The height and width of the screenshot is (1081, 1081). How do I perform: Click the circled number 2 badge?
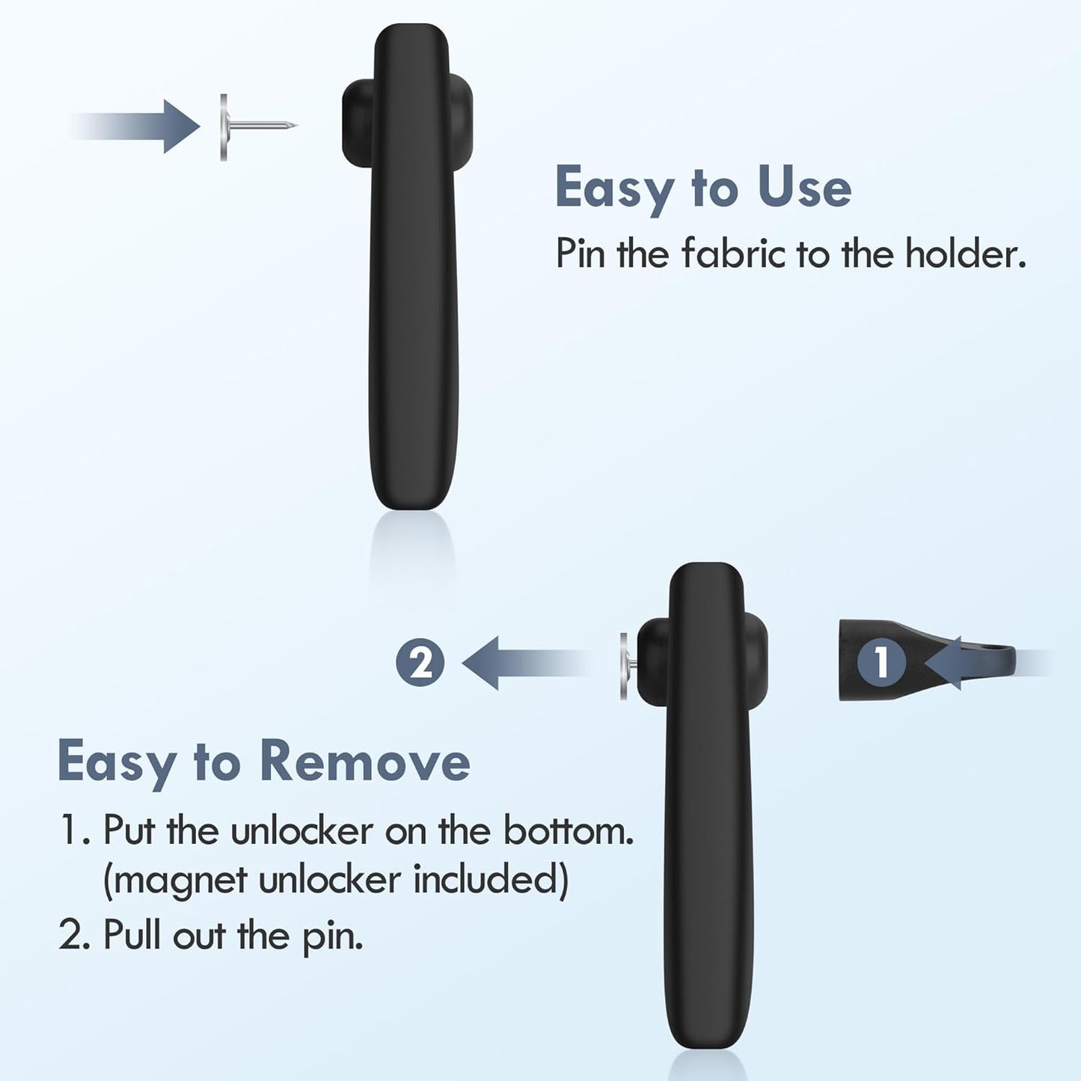click(420, 663)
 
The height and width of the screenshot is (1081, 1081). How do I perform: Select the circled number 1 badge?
click(881, 662)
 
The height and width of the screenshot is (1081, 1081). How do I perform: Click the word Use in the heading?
click(804, 188)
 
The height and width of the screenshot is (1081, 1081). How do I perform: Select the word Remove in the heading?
click(365, 762)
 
